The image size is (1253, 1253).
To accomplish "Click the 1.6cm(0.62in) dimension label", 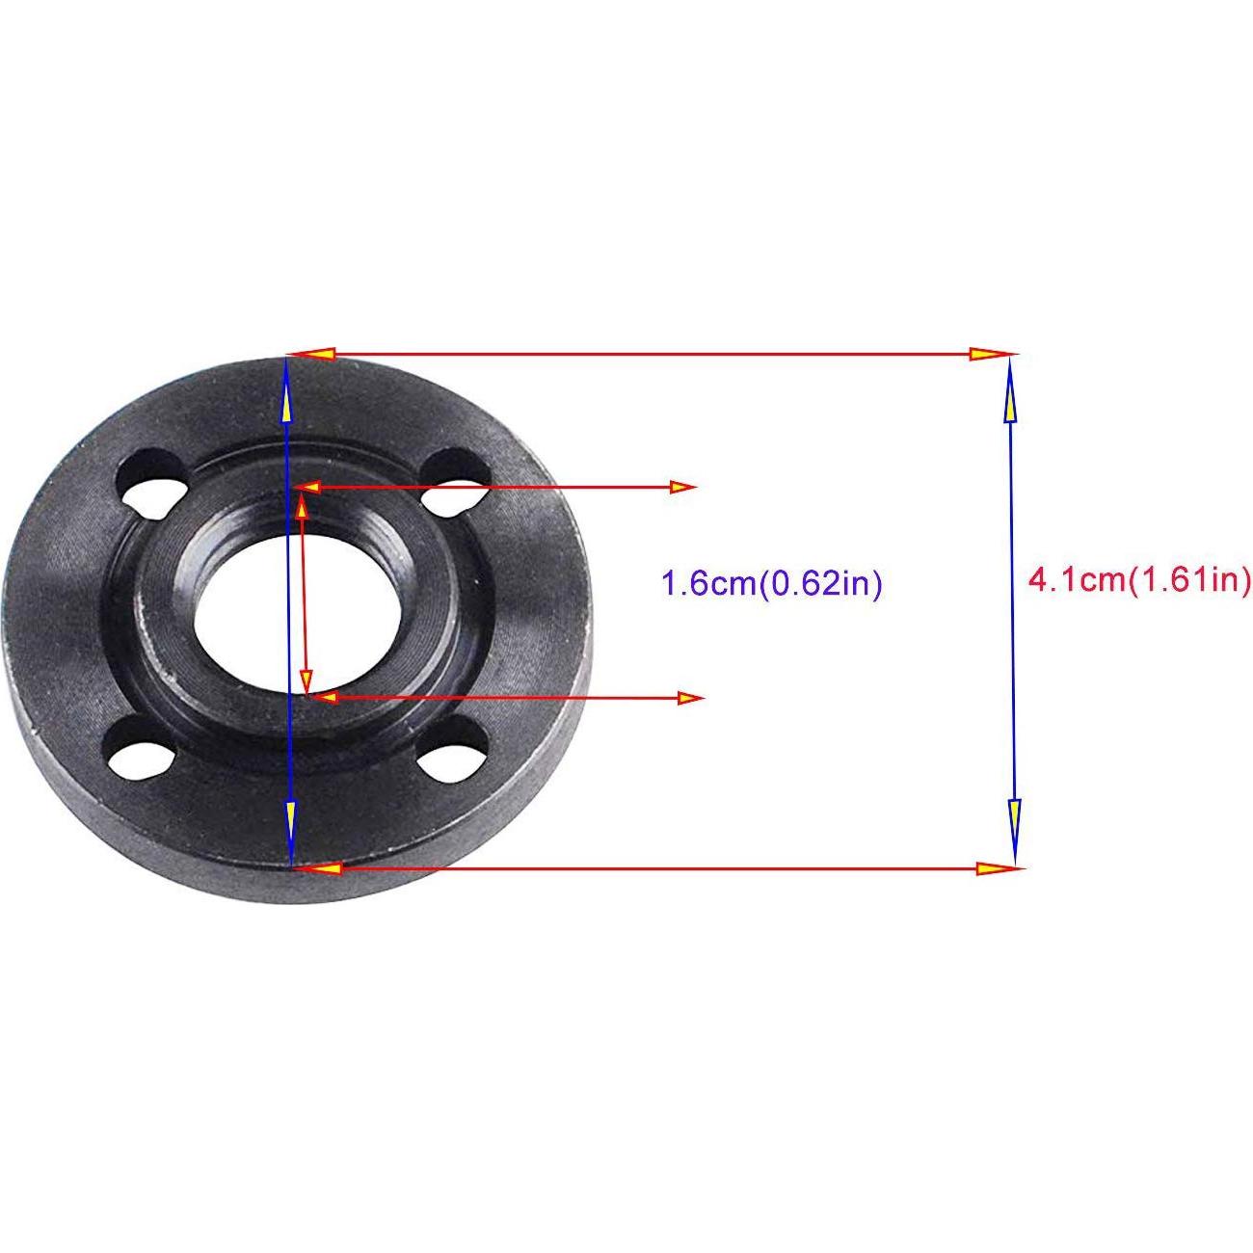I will point(771,584).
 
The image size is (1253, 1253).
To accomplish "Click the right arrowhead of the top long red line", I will point(989,354).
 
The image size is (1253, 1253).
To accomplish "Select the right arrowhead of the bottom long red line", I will point(997,868).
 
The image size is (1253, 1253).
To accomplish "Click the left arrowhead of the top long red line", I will point(314,355).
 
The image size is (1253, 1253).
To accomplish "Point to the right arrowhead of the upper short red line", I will point(682,488).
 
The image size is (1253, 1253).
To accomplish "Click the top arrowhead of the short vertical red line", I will point(303,503).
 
